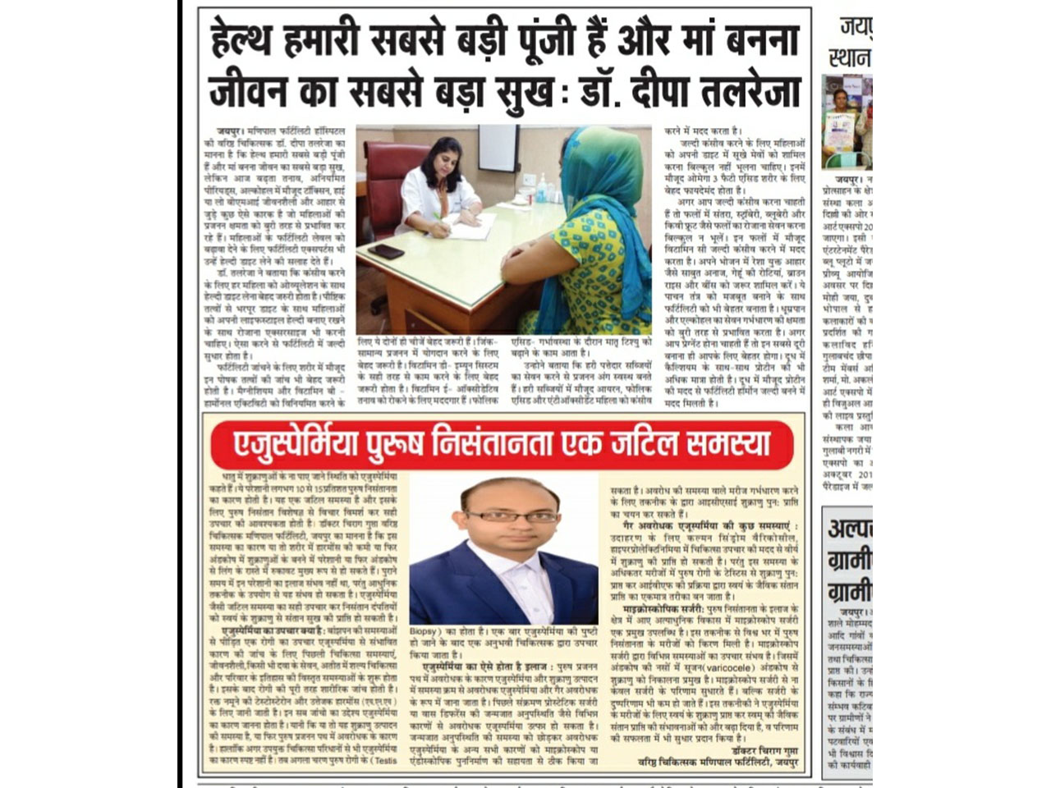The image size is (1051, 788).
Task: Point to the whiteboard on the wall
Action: pos(498,148)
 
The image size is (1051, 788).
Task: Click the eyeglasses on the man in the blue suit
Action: pos(501,516)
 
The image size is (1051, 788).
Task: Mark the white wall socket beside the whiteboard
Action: pos(530,179)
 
